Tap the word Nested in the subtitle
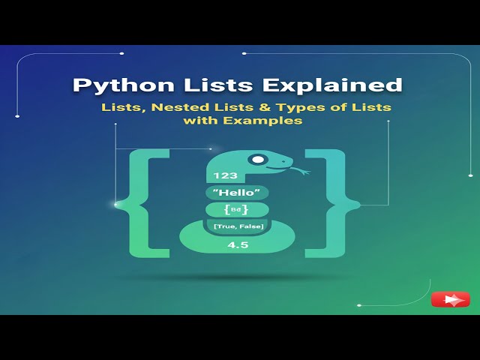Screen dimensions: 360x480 pos(179,107)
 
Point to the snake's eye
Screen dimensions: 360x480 pos(258,159)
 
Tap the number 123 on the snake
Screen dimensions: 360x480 pos(225,175)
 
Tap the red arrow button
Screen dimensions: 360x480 pos(450,299)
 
